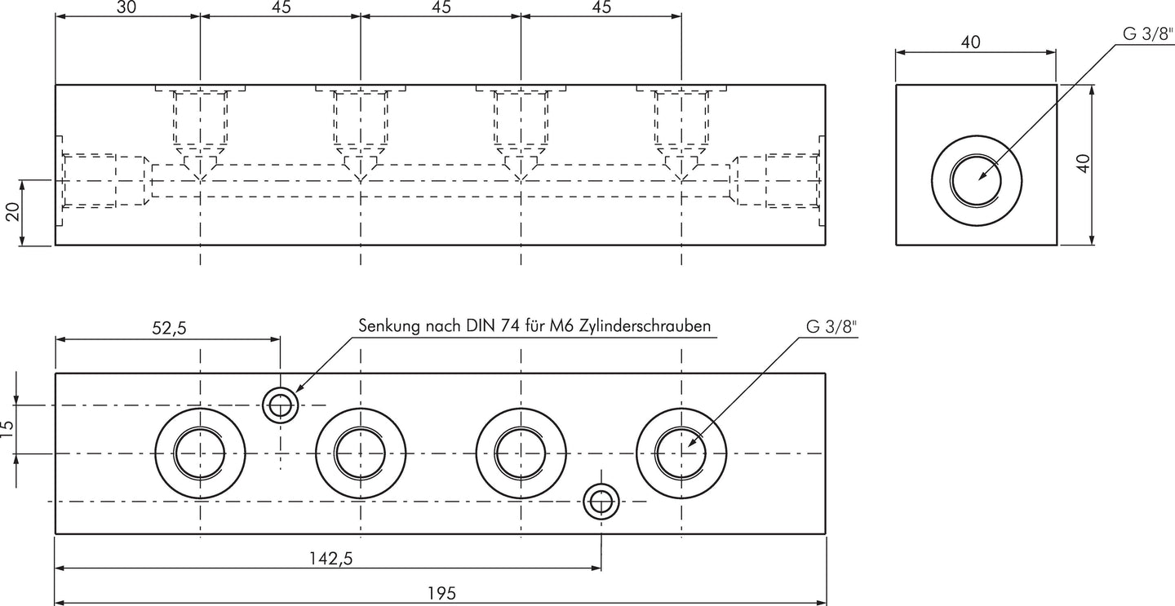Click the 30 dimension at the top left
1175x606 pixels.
(x=126, y=7)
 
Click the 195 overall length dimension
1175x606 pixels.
(x=441, y=594)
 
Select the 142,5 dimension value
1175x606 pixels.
(x=330, y=559)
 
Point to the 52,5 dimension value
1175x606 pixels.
(x=169, y=328)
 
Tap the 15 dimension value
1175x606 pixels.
(x=8, y=429)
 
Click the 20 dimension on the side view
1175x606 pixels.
(x=12, y=211)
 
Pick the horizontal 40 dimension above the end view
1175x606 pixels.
(x=970, y=42)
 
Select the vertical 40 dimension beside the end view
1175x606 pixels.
(x=1083, y=163)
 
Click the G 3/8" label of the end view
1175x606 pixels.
(x=1147, y=33)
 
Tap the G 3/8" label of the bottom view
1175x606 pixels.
(x=831, y=326)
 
